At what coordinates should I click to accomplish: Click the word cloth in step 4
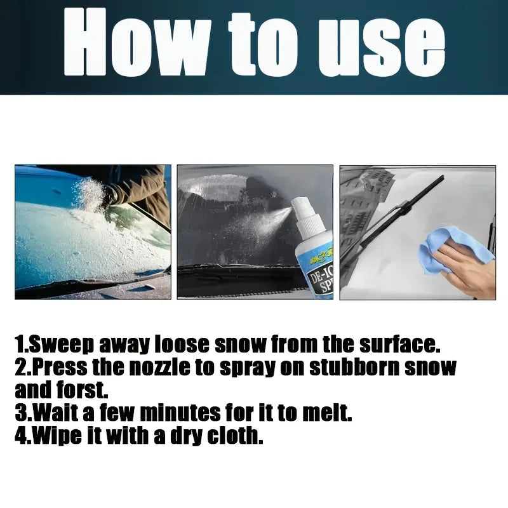tap(234, 436)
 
